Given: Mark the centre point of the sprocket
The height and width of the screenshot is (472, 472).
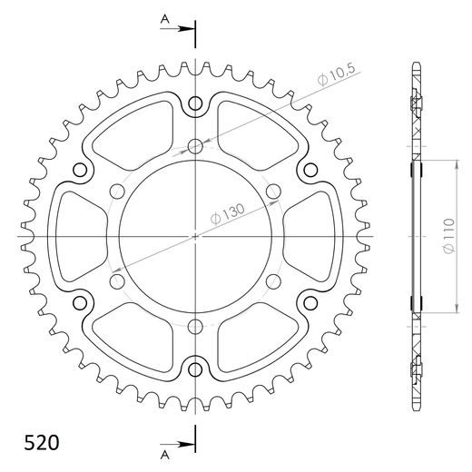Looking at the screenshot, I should pyautogui.click(x=196, y=237).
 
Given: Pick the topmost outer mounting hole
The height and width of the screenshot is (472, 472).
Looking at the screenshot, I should pyautogui.click(x=196, y=105).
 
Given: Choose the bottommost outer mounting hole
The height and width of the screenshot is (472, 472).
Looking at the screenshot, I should pyautogui.click(x=196, y=369).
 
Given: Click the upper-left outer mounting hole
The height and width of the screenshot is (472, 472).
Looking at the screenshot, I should pyautogui.click(x=82, y=171).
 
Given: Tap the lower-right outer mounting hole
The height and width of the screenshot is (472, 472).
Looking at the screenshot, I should pyautogui.click(x=310, y=302).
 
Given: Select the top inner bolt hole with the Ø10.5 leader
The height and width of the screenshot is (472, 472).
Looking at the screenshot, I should pyautogui.click(x=196, y=146).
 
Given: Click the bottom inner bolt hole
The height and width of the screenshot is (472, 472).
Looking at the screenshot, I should pyautogui.click(x=196, y=327).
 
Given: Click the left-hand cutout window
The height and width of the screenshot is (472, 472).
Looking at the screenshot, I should pyautogui.click(x=80, y=237).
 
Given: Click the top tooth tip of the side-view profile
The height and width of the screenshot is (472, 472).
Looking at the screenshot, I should pyautogui.click(x=416, y=64).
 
